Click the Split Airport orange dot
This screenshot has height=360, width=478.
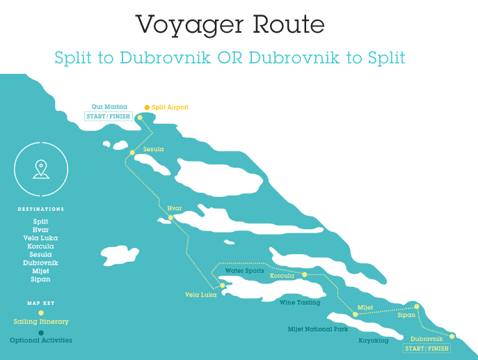147,107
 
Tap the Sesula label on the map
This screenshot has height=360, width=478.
153,149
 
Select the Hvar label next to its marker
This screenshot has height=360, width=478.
174,208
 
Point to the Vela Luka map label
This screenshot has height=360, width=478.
201,295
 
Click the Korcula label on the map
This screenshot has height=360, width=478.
282,275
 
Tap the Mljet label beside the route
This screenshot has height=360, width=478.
365,307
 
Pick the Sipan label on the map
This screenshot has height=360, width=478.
406,315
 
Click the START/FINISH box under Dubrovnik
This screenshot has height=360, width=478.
427,348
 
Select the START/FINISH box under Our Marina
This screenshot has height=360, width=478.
108,116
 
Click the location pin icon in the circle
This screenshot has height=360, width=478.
41,169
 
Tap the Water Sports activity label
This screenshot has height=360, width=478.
244,270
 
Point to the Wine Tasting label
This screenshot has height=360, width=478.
300,303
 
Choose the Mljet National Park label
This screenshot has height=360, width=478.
318,329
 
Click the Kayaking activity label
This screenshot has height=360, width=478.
374,341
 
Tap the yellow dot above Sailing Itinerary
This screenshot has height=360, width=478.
41,313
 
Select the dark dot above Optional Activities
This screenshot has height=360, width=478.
41,332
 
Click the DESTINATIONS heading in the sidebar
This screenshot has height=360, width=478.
41,209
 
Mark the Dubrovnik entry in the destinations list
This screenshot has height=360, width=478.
41,263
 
